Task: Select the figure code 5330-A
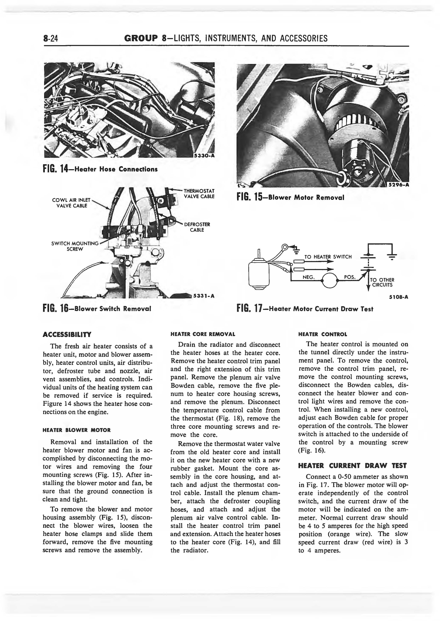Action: coord(205,155)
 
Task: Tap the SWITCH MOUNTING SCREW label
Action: coord(75,246)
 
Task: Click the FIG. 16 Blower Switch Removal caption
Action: coord(97,309)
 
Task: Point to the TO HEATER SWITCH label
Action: coord(328,257)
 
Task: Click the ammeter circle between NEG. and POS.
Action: coord(329,281)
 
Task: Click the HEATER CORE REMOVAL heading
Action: coord(203,334)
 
